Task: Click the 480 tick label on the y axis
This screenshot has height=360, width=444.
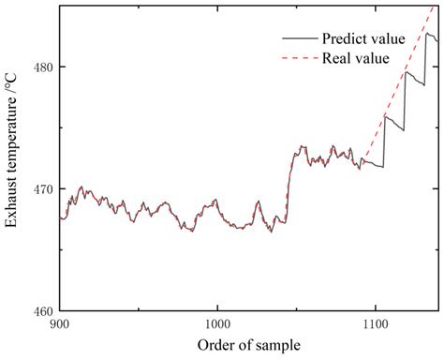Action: point(42,67)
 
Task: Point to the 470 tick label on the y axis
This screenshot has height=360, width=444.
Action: point(42,188)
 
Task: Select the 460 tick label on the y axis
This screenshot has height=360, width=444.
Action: point(42,310)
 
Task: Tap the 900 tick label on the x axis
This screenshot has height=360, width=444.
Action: point(59,324)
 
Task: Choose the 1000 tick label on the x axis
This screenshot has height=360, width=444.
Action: point(216,324)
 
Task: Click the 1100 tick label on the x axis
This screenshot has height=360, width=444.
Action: point(375,324)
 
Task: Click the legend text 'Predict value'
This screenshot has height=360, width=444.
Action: point(363,39)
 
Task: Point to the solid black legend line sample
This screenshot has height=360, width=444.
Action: point(299,39)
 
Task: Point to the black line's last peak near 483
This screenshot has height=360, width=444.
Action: point(427,34)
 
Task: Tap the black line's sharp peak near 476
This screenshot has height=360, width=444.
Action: point(385,116)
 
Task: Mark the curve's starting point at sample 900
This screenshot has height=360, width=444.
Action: point(60,217)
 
